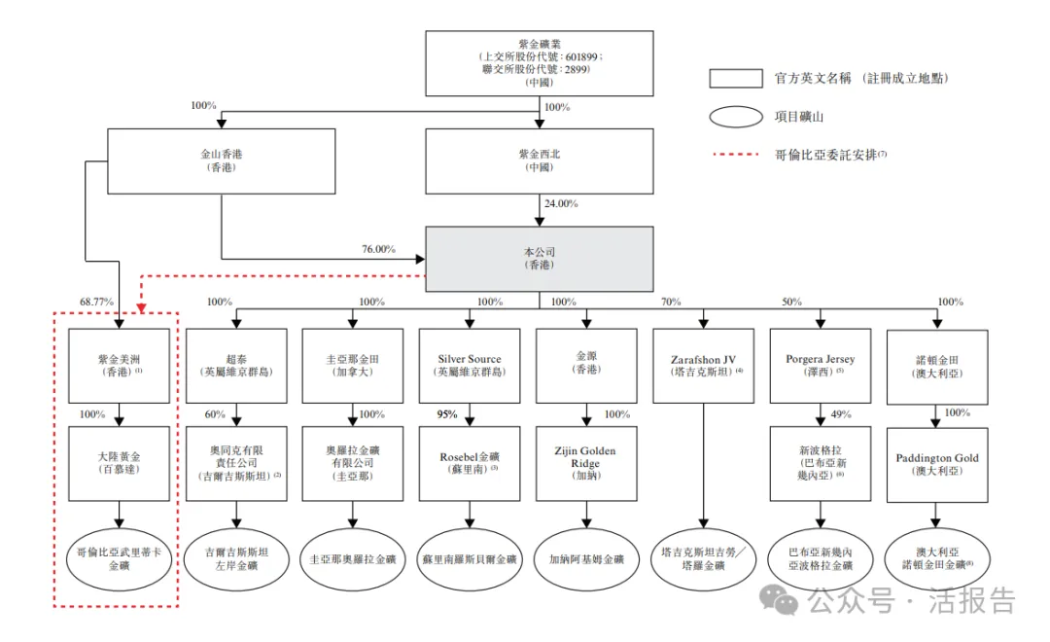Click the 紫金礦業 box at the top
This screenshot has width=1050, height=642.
pos(539,63)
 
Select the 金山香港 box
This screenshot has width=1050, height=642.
pos(222,160)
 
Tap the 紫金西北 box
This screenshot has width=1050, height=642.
pos(539,160)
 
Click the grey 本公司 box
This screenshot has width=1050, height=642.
pos(539,259)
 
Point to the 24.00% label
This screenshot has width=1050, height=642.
pos(561,204)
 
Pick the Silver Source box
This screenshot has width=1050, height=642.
pos(470,366)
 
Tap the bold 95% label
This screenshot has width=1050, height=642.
pos(448,414)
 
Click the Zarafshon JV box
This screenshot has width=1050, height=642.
pos(702,366)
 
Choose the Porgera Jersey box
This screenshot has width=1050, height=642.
pos(820,366)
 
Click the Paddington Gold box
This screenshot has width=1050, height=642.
pos(937,464)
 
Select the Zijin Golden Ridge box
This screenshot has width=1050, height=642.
pos(585,464)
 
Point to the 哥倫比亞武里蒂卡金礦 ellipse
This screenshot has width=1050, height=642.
pos(119,558)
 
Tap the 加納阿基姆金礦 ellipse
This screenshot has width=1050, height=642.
pos(585,559)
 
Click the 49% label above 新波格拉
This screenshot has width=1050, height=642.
pos(841,414)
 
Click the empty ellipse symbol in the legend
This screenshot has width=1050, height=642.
pos(736,117)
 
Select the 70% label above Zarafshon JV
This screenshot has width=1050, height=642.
pos(672,303)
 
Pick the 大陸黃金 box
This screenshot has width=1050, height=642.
pos(119,464)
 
